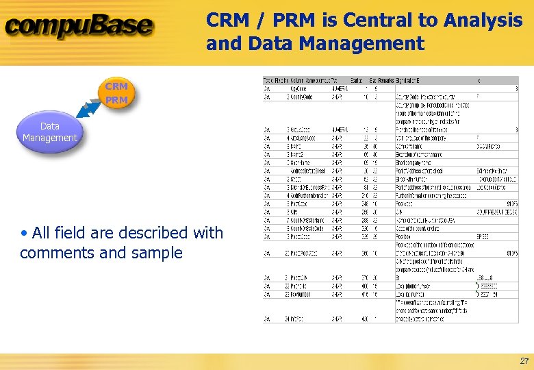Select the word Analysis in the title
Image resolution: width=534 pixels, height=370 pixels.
[483, 21]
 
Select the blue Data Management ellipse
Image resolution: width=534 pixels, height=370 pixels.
[50, 132]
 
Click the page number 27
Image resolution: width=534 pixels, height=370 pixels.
[524, 360]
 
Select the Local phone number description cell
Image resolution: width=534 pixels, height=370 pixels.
[423, 285]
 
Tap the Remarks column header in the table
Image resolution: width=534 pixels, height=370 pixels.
[385, 80]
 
